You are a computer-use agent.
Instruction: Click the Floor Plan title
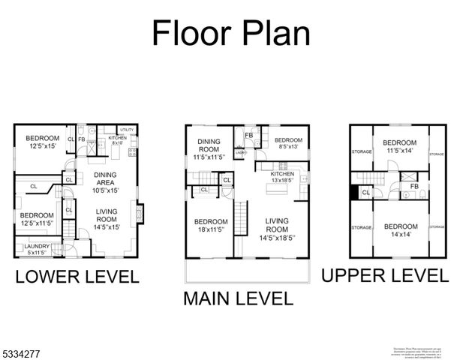[230, 33]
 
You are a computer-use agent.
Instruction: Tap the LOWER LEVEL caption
[77, 276]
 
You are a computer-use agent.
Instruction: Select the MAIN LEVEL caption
[238, 298]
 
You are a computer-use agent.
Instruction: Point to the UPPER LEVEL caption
[385, 274]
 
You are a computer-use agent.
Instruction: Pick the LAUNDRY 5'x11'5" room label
[37, 249]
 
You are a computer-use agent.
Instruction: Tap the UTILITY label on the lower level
[126, 130]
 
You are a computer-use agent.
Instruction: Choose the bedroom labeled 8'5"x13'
[288, 144]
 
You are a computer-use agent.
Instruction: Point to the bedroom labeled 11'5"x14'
[399, 146]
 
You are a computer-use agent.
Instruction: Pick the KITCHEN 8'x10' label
[118, 140]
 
